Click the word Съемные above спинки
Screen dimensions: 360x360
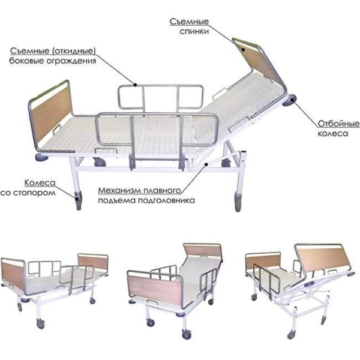[189, 22]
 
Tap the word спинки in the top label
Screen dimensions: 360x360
[194, 31]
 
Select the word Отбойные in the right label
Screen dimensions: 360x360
[338, 124]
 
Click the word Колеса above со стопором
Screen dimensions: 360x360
[40, 183]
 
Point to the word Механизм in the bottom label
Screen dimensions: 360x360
[119, 191]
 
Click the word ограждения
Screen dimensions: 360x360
[71, 61]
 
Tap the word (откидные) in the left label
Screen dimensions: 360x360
[74, 51]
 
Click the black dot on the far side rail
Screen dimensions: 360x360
[135, 85]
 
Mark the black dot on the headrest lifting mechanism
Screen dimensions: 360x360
[206, 164]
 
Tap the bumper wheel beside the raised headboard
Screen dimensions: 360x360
[290, 101]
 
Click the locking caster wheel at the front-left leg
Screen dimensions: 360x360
[78, 200]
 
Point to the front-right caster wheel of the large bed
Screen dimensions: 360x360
[238, 202]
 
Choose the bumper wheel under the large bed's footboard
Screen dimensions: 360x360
[41, 157]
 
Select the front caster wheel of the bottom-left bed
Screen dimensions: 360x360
[41, 324]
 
